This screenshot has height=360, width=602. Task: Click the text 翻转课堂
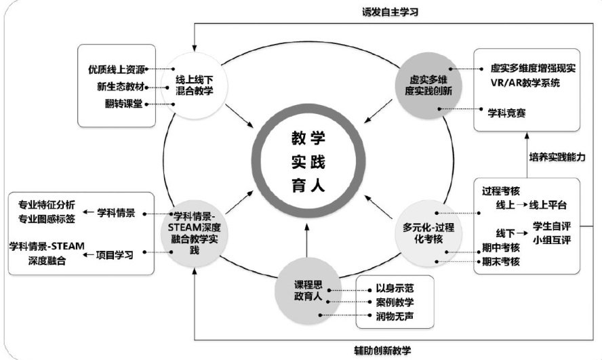click(124, 104)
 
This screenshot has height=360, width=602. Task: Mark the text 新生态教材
click(120, 86)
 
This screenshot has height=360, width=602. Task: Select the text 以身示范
click(394, 287)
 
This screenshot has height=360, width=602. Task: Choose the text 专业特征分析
click(45, 204)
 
